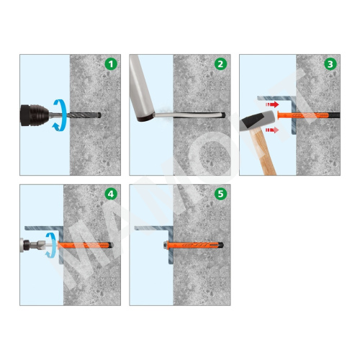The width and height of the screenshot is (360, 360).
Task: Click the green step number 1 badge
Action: [x=111, y=64]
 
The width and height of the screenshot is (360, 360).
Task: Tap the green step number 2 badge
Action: [x=220, y=64]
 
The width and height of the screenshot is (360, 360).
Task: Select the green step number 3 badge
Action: [x=330, y=64]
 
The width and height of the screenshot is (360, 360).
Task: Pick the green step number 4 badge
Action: [x=111, y=194]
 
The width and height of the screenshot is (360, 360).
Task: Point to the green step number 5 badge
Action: [x=220, y=194]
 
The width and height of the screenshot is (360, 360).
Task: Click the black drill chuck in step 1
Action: [x=34, y=115]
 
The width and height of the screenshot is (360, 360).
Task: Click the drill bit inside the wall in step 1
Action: [x=85, y=115]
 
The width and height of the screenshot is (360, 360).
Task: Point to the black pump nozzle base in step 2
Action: [x=145, y=118]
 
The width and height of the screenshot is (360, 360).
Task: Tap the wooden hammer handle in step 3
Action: [x=264, y=151]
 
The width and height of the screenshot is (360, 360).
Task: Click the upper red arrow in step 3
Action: [x=272, y=104]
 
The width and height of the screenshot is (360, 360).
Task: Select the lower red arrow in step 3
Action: [x=272, y=130]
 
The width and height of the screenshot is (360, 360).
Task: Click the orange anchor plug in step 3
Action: [x=303, y=115]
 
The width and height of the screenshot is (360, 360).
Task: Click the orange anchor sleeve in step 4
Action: [x=84, y=246]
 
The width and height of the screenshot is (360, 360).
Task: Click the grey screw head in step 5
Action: [x=166, y=246]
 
